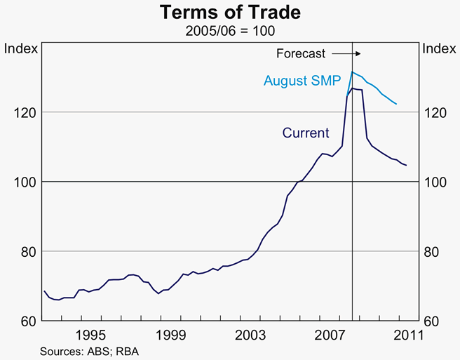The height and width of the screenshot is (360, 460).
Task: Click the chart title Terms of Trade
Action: (x=230, y=13)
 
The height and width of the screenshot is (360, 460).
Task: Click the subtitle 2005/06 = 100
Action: (x=230, y=30)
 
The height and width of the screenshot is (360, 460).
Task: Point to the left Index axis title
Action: (x=19, y=48)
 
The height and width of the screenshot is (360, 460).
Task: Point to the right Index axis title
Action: (x=440, y=48)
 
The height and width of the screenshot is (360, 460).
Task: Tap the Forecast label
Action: (x=302, y=53)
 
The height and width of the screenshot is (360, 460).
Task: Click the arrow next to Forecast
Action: (x=346, y=53)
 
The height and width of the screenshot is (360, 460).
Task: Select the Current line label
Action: (x=305, y=133)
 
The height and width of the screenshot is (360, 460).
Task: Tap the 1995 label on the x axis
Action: (x=92, y=335)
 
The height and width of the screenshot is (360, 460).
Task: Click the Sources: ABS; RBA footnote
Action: (x=89, y=350)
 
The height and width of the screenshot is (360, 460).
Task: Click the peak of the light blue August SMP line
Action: (x=352, y=72)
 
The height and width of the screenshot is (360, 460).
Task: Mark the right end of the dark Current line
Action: (x=407, y=166)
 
